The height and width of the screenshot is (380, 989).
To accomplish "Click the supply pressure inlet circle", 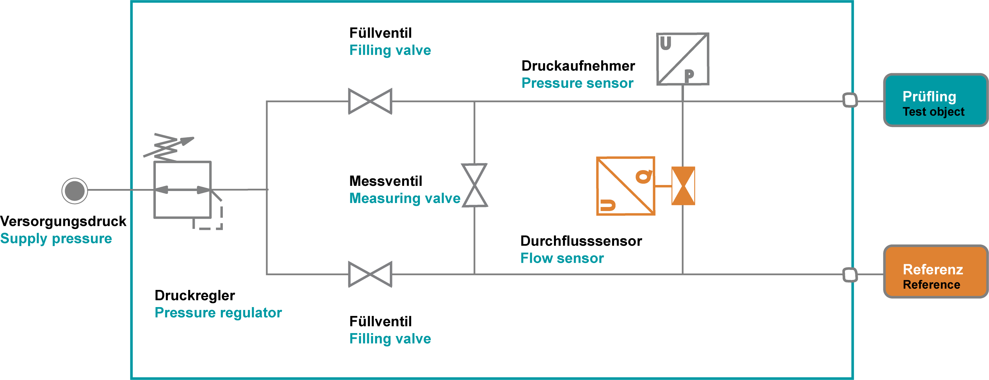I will [x=74, y=191].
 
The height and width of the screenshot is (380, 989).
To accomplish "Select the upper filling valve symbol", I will [x=370, y=101].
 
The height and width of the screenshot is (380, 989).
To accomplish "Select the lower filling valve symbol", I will [x=370, y=274].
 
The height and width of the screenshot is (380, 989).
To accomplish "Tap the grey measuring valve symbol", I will [x=475, y=185].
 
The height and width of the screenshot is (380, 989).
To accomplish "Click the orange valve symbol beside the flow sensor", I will [x=683, y=186].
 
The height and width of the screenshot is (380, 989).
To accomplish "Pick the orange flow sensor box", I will [x=626, y=186].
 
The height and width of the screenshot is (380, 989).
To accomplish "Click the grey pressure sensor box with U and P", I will [x=683, y=59].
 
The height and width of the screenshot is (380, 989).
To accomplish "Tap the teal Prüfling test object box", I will [x=936, y=100].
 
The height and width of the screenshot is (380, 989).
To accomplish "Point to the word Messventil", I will [x=386, y=181].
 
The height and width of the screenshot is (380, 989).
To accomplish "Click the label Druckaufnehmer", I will [x=578, y=66].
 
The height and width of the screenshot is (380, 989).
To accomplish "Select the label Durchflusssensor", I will [x=581, y=241].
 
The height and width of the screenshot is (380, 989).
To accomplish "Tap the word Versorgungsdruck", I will [x=63, y=221].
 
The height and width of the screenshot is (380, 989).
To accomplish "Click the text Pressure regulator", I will [x=218, y=313].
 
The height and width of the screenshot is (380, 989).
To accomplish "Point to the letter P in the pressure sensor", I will [x=689, y=75].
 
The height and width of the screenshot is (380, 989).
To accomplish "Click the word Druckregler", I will [x=195, y=296].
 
